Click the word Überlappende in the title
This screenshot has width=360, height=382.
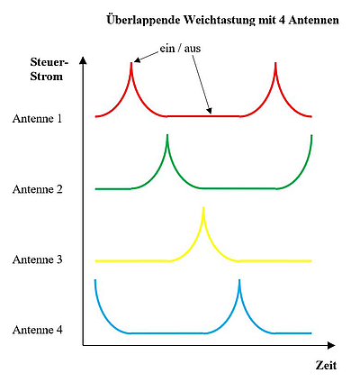[x=144, y=21]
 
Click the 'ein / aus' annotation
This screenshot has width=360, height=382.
[x=180, y=49]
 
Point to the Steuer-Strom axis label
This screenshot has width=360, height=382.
[x=48, y=69]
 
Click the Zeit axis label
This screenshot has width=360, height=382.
[x=326, y=366]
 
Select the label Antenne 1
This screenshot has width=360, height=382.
[x=37, y=119]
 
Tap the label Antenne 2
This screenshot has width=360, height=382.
[x=38, y=189]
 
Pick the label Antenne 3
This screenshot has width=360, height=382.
[x=38, y=259]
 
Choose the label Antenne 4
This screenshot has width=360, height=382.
[x=38, y=330]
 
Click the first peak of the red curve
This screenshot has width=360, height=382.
[x=131, y=63]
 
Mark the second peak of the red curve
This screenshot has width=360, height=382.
[x=275, y=63]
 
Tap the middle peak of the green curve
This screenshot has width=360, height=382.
[x=167, y=135]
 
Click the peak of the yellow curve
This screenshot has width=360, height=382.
[x=203, y=208]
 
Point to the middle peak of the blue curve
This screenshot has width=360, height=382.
[x=239, y=280]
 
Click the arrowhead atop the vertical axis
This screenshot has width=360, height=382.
[x=84, y=60]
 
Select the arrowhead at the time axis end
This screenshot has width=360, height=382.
[x=331, y=345]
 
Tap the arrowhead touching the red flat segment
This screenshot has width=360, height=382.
[x=210, y=111]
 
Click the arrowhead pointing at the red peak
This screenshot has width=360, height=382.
[x=137, y=60]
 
